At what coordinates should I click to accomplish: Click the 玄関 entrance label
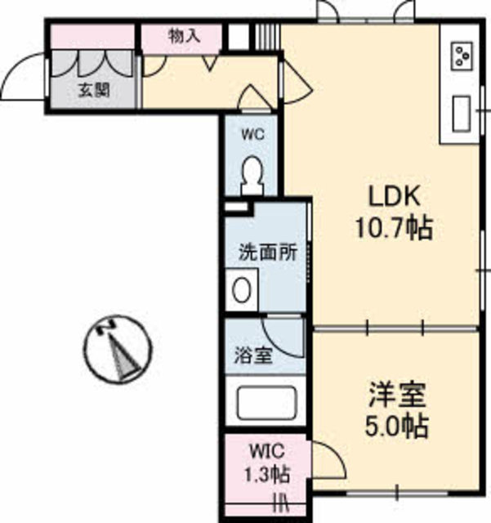(x=95, y=91)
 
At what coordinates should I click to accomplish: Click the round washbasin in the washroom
(x=242, y=289)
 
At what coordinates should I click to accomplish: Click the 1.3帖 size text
(x=266, y=472)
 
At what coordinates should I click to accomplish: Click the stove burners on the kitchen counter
(x=462, y=56)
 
